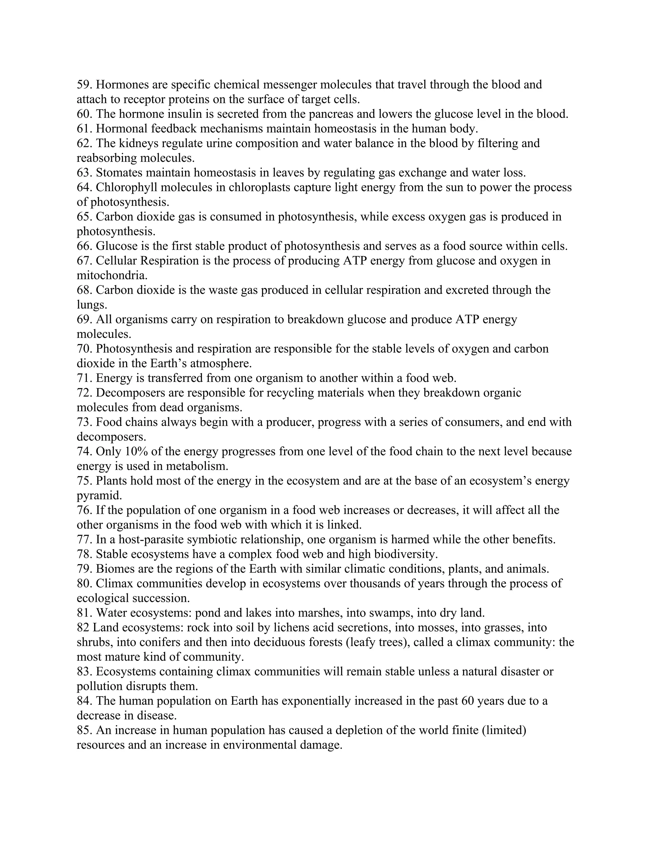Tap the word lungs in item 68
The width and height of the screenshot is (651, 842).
91,305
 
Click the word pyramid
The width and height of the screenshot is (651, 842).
99,496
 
